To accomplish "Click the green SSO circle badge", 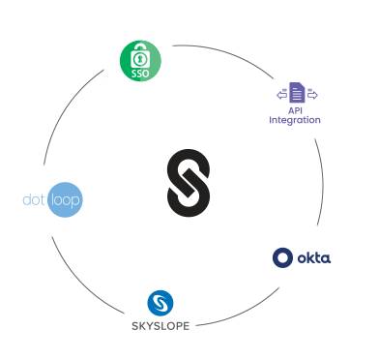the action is pyautogui.click(x=140, y=61).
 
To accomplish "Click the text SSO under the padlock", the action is pyautogui.click(x=140, y=74).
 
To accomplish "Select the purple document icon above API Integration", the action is pyautogui.click(x=297, y=93).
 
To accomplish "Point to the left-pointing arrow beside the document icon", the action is pyautogui.click(x=281, y=95).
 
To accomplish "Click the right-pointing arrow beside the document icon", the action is pyautogui.click(x=312, y=95).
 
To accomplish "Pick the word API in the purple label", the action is pyautogui.click(x=295, y=110).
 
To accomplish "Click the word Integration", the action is pyautogui.click(x=295, y=120).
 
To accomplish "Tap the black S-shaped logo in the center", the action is pyautogui.click(x=189, y=183).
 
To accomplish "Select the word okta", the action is pyautogui.click(x=314, y=258).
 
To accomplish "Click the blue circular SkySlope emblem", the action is pyautogui.click(x=160, y=303).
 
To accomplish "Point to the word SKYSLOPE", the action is pyautogui.click(x=160, y=326).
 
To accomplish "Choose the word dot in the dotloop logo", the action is pyautogui.click(x=34, y=199).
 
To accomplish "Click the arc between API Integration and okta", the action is pyautogui.click(x=323, y=182).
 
